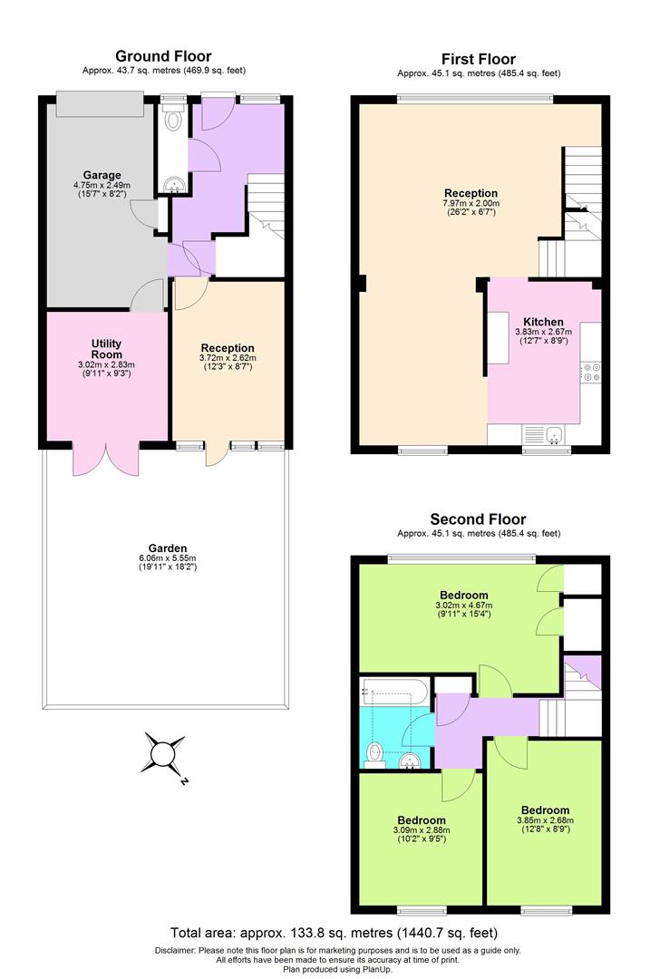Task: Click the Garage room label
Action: coord(102,175)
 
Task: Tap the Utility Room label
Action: coord(106,349)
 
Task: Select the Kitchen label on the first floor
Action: coord(543,322)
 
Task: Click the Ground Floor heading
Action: coord(163,56)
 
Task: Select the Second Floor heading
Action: coord(478,519)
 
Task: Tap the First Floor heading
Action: coord(478,59)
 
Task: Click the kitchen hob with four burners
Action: coord(592,373)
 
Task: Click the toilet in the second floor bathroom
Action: coord(374,752)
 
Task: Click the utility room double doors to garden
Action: coord(106,458)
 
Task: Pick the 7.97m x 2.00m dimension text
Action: coord(471,204)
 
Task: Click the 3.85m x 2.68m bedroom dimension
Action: coord(545,821)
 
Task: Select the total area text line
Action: coord(334,932)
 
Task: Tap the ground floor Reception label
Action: coord(228,348)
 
